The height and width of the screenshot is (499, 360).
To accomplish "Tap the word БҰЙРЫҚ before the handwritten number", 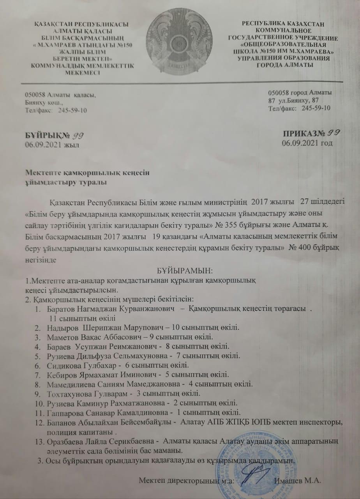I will tap(40, 136).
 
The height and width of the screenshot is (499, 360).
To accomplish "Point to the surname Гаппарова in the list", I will tap(64, 412).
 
